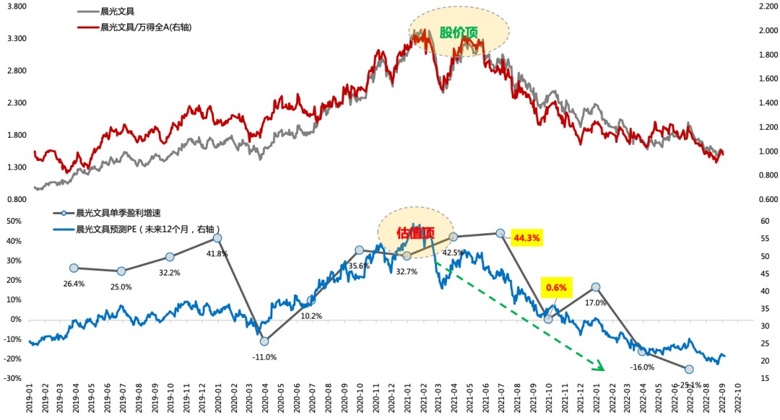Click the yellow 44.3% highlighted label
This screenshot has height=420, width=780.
coord(526,237)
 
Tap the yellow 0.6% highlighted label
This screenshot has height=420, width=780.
coord(556,287)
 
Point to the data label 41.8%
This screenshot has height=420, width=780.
coord(217,253)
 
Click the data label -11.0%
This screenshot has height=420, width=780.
coord(264,356)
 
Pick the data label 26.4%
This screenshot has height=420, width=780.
coord(74,284)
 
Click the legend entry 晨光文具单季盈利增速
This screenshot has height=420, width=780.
coord(115,213)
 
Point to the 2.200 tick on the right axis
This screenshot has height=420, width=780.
coord(763,6)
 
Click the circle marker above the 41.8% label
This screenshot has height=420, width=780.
coord(217,238)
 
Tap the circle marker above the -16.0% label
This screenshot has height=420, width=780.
coord(642,351)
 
